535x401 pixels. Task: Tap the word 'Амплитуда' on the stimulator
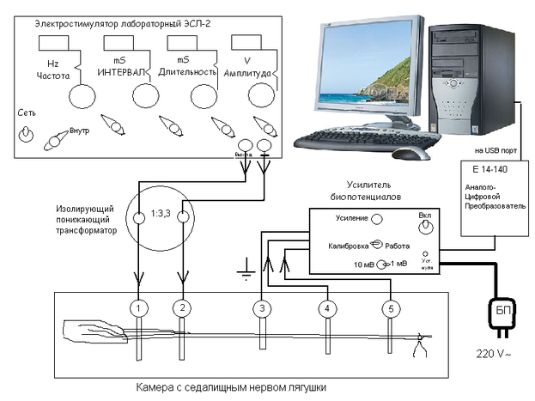click(248, 74)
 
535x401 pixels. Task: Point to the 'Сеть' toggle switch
click(27, 135)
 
